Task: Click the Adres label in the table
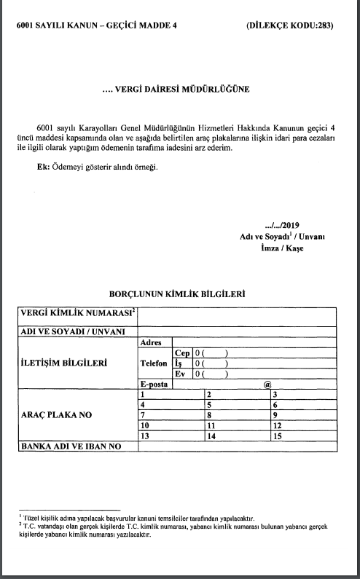(x=149, y=342)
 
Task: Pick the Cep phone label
(x=182, y=352)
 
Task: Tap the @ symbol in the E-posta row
(x=267, y=383)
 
